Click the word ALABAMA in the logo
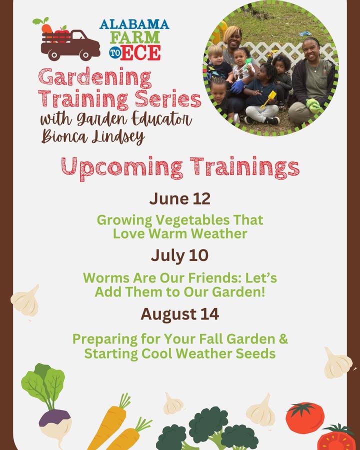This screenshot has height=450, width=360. (134, 24)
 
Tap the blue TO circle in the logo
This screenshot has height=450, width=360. (115, 53)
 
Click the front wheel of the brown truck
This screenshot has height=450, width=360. (85, 55)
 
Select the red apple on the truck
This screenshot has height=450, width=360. (62, 33)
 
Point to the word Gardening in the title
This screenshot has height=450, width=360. (94, 78)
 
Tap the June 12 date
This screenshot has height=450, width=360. (180, 198)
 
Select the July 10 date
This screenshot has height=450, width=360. (179, 255)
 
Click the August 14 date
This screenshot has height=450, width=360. (179, 314)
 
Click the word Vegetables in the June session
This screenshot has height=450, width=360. (192, 220)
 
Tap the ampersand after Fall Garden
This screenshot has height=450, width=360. (283, 338)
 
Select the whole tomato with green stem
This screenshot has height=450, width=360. (305, 417)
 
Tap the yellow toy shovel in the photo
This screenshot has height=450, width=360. (269, 99)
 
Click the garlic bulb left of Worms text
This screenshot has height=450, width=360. (25, 300)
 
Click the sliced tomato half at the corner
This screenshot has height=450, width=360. (336, 437)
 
